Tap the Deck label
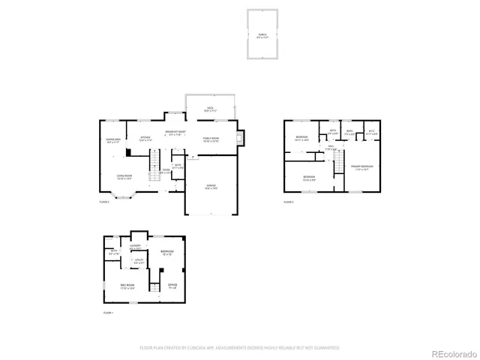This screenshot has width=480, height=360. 211,108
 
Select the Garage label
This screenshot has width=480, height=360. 211,187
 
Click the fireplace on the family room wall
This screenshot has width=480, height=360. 239,138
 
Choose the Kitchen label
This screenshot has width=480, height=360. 145,137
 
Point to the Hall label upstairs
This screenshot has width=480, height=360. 331,147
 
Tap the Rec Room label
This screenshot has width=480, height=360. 127,286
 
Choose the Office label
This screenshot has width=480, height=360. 172,285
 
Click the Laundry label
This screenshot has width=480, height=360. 136,246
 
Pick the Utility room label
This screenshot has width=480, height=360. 138,262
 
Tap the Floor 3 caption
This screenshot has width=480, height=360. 289,202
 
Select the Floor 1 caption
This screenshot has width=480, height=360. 107,312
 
